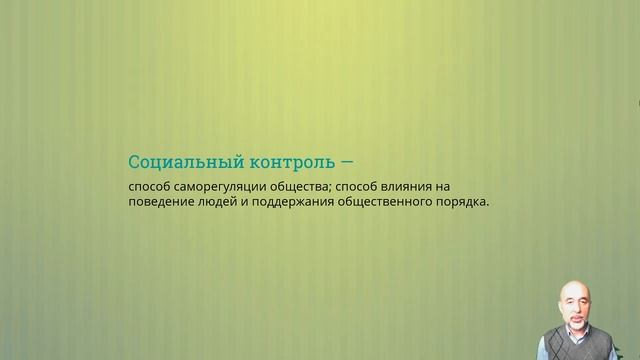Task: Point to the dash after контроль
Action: [x=347, y=161]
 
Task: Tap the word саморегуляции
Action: [x=219, y=186]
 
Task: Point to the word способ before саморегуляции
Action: [x=149, y=186]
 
